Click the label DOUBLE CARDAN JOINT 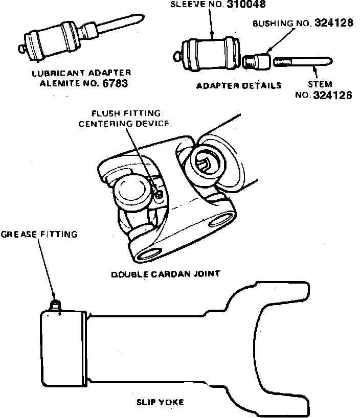166,274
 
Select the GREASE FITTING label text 39,235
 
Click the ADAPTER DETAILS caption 239,85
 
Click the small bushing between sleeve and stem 257,63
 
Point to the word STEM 321,84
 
